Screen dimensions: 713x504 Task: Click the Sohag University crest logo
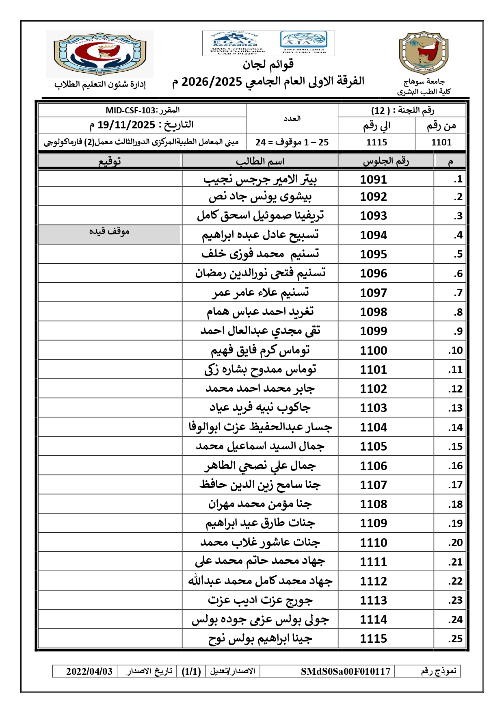pyautogui.click(x=424, y=53)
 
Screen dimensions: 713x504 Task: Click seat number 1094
pyautogui.click(x=373, y=235)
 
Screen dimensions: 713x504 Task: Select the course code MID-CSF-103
pyautogui.click(x=130, y=111)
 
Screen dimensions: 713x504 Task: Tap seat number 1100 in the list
pyautogui.click(x=373, y=350)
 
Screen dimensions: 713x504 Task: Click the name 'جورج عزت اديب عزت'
pyautogui.click(x=260, y=600)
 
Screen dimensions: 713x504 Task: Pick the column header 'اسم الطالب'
pyautogui.click(x=260, y=161)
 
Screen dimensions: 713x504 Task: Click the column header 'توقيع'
pyautogui.click(x=110, y=161)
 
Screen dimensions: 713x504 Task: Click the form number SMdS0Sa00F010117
pyautogui.click(x=345, y=671)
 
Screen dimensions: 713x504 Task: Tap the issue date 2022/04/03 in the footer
pyautogui.click(x=89, y=671)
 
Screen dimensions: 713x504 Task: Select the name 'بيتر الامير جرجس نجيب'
pyautogui.click(x=260, y=179)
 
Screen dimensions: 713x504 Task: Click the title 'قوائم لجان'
pyautogui.click(x=268, y=64)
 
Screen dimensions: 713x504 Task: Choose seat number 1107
pyautogui.click(x=373, y=485)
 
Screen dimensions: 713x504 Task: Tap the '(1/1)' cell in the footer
pyautogui.click(x=191, y=671)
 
